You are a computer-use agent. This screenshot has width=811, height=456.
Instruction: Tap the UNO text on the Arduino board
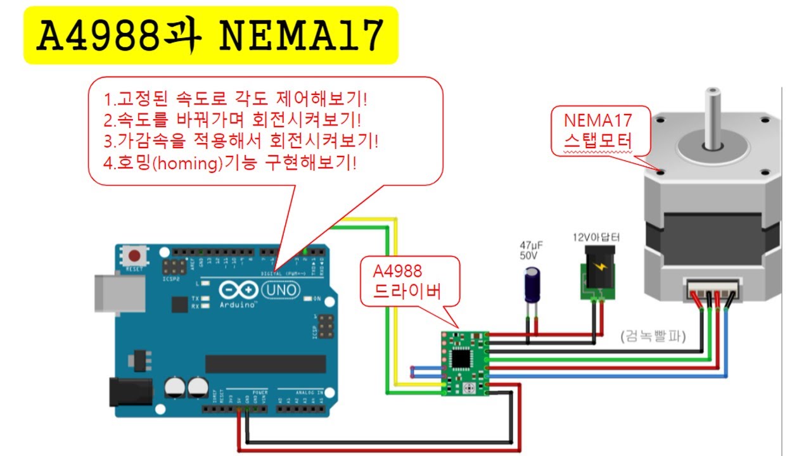pos(276,291)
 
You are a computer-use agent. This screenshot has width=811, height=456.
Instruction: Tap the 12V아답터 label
pos(596,238)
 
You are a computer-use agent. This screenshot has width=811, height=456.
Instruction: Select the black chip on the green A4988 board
pos(461,358)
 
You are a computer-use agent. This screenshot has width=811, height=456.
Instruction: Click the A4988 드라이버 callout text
pos(406,281)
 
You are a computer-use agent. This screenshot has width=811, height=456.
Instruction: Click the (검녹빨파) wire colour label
pos(653,336)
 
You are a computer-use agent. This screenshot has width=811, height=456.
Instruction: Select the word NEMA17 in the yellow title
pos(302,36)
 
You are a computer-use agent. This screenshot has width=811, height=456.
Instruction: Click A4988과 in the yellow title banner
pos(118,36)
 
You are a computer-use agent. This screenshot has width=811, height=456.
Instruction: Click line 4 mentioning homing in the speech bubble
pos(231,163)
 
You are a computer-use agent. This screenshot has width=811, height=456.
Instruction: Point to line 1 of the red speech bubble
pos(236,99)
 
